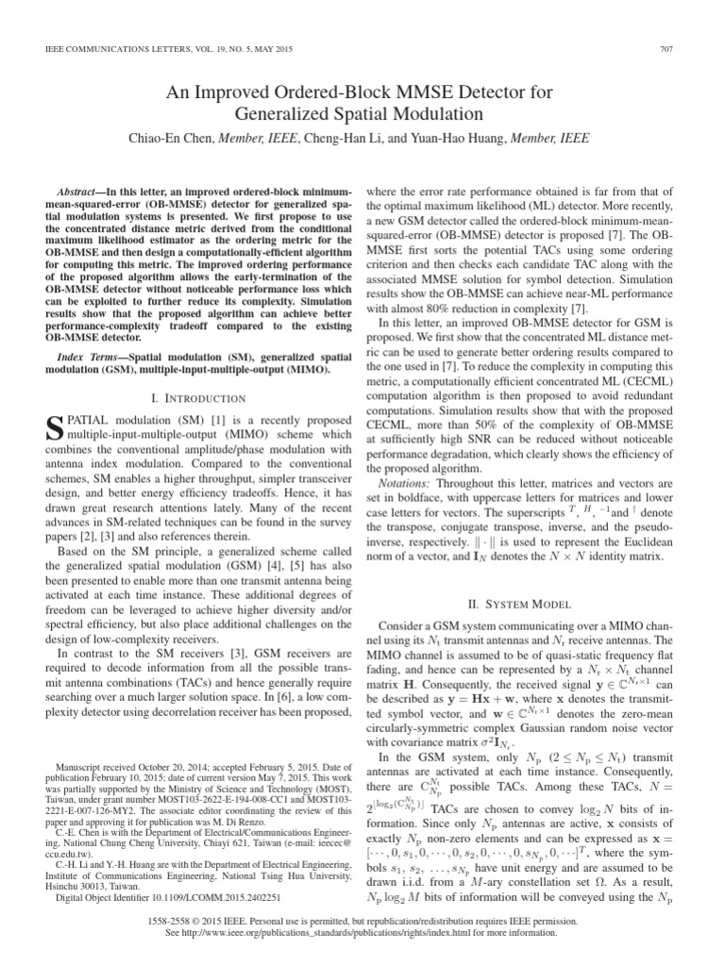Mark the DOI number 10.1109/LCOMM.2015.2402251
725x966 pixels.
[x=182, y=873]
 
